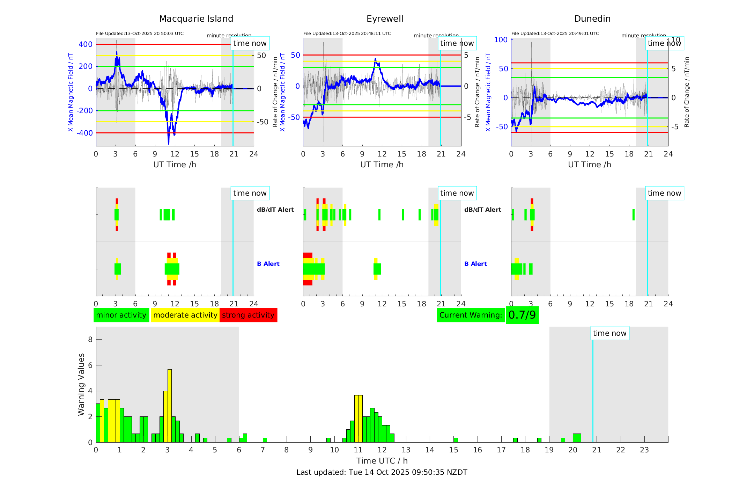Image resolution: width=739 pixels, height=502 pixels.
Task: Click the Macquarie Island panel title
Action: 196,19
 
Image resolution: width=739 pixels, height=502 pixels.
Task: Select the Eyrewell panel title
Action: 385,19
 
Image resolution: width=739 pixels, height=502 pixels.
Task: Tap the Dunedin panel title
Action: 592,19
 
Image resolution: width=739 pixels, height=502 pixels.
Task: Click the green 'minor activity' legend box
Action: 121,315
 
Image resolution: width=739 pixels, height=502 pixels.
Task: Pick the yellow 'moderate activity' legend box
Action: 185,315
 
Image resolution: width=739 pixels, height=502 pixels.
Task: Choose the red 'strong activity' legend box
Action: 248,315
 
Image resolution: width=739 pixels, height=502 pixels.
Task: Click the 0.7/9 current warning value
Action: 522,315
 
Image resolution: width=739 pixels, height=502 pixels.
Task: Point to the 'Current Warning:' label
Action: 471,315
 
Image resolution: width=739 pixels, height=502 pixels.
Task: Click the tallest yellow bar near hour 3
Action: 170,405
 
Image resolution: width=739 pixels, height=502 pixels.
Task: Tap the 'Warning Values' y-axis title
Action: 81,384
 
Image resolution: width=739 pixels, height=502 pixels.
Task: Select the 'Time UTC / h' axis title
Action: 382,461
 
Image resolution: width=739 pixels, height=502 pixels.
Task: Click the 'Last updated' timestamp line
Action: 382,472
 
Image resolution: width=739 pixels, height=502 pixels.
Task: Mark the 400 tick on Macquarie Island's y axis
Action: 86,44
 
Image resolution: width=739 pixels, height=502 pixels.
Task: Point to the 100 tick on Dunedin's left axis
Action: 501,40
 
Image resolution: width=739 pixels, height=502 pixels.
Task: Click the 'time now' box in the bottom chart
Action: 609,333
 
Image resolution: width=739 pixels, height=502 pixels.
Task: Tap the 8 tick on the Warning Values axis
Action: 90,339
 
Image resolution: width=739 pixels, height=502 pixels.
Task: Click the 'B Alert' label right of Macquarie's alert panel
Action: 268,264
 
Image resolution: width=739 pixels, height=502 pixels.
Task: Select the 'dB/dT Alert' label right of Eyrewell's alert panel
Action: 482,210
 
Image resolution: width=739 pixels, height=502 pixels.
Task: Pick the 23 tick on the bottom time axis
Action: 644,450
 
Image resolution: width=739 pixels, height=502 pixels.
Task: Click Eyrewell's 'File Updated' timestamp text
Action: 347,34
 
